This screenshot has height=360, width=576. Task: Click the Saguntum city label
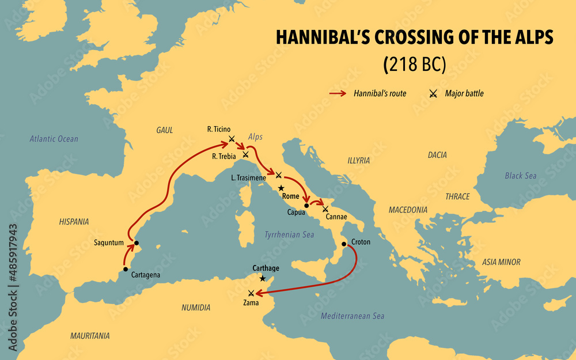pyautogui.click(x=109, y=242)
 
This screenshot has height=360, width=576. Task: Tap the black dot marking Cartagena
pyautogui.click(x=126, y=269)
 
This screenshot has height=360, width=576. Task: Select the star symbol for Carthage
pyautogui.click(x=263, y=278)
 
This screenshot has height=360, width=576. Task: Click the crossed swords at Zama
pyautogui.click(x=251, y=293)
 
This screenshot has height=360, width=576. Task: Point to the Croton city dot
pyautogui.click(x=344, y=244)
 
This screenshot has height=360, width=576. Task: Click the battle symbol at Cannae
pyautogui.click(x=325, y=209)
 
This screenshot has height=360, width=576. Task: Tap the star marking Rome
pyautogui.click(x=281, y=188)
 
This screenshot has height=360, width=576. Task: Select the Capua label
pyautogui.click(x=296, y=212)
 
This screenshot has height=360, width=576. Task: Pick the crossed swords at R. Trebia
pyautogui.click(x=245, y=154)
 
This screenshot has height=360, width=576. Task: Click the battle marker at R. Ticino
pyautogui.click(x=232, y=138)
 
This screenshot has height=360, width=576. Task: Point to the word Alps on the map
pyautogui.click(x=255, y=137)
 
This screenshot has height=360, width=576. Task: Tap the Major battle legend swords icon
pyautogui.click(x=433, y=93)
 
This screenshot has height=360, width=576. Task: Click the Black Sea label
pyautogui.click(x=520, y=176)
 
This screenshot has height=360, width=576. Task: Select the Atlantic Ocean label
pyautogui.click(x=54, y=139)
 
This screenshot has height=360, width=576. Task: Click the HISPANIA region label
pyautogui.click(x=74, y=221)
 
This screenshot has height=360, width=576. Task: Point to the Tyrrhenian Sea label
pyautogui.click(x=289, y=234)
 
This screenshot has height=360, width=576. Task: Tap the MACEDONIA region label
pyautogui.click(x=408, y=210)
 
